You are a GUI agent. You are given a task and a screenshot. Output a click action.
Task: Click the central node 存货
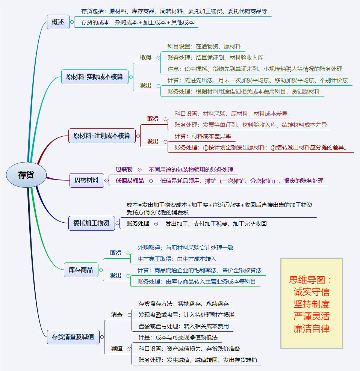(x=26, y=175)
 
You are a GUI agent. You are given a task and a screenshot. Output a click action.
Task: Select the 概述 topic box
(x=58, y=22)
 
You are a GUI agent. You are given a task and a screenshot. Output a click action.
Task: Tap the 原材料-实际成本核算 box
(x=94, y=77)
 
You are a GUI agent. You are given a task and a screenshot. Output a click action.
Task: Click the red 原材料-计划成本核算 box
(x=101, y=136)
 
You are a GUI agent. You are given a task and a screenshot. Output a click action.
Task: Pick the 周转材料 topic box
(x=86, y=180)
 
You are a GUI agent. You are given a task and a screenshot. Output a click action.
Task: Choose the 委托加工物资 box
(x=91, y=223)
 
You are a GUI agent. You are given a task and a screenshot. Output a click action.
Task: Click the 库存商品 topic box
(x=80, y=269)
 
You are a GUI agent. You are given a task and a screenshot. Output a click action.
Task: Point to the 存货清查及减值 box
(x=73, y=336)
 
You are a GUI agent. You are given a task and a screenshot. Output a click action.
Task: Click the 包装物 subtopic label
(x=124, y=169)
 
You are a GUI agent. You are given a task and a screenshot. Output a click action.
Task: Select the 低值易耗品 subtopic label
(x=130, y=181)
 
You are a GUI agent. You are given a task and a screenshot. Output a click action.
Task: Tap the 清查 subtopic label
(x=117, y=315)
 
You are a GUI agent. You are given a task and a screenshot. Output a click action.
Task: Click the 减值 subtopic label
(x=117, y=348)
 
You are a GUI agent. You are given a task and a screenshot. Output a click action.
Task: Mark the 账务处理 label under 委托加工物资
(x=138, y=223)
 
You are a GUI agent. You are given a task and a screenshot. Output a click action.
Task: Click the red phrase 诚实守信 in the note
(x=312, y=292)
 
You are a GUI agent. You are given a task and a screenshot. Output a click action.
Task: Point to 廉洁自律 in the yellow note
(x=312, y=329)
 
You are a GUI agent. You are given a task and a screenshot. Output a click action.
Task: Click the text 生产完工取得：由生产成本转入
(x=177, y=259)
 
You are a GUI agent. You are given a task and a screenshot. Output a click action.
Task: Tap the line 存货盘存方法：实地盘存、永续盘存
(x=183, y=303)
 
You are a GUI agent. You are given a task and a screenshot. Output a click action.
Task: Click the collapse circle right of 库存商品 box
(x=101, y=270)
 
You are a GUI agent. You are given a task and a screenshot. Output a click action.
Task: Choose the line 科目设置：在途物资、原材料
(x=204, y=47)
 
